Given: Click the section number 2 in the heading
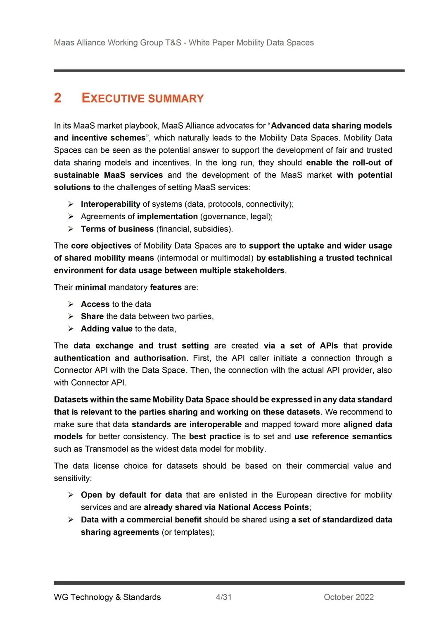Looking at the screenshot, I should click(57, 98).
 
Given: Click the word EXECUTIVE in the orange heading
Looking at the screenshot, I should click(113, 98).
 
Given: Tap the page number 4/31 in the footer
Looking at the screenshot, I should click(223, 597).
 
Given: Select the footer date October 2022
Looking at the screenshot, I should click(349, 597).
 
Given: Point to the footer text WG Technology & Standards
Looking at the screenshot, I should click(107, 597).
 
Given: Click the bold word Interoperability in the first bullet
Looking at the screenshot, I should click(110, 204).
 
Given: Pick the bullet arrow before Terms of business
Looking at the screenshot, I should click(71, 229).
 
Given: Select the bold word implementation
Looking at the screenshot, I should click(167, 216).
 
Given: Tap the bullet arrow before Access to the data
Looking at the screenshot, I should click(71, 304).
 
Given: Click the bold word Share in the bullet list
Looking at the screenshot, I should click(92, 316).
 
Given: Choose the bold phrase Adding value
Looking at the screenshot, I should click(107, 329).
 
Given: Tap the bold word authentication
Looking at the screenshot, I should click(82, 358).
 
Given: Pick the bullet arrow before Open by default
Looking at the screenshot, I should click(71, 495).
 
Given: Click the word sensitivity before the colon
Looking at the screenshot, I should click(71, 478).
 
